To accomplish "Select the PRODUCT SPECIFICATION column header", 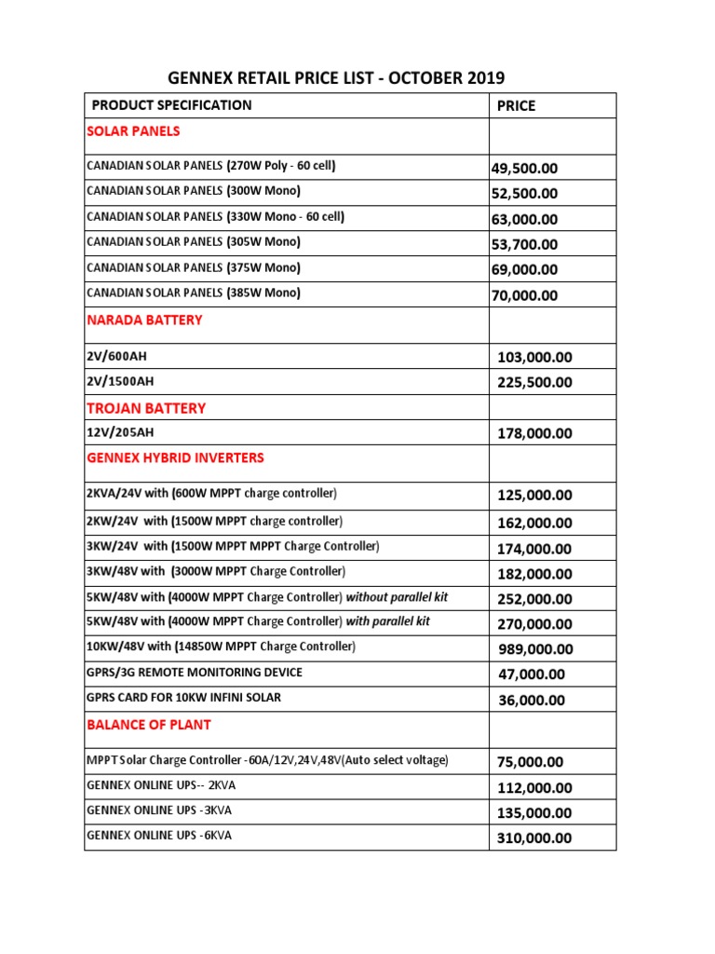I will coord(171,105).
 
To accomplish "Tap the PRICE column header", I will coord(516,106).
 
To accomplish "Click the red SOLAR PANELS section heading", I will coord(133,131).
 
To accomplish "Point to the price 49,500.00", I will coord(524,169).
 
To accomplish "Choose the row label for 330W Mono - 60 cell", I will coord(215,217).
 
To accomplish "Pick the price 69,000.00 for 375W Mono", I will coord(524,270).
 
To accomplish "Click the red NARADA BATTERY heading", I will coord(144,320).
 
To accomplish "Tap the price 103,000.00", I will coord(534,357).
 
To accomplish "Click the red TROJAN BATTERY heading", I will coord(146,408).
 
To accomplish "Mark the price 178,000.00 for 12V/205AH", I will coord(534,433).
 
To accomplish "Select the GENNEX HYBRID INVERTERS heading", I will coord(175,458).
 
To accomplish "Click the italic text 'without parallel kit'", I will coord(403,596).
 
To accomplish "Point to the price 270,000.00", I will coord(534,624).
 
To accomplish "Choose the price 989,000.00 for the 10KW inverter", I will coord(534,649).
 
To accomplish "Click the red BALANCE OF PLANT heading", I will coord(149,725).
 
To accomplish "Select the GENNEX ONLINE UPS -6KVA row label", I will coord(159,836).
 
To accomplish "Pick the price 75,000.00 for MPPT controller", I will coord(530,762).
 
